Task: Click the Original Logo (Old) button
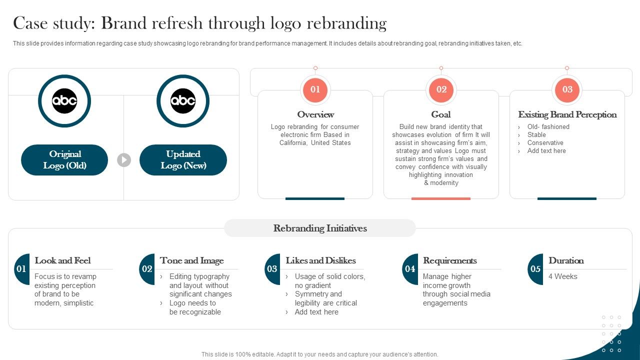click(64, 160)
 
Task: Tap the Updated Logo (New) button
click(183, 160)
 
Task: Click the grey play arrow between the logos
click(124, 160)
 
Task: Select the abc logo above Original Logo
click(64, 101)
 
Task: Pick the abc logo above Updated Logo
click(183, 101)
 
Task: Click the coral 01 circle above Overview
click(315, 90)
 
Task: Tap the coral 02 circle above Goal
click(441, 90)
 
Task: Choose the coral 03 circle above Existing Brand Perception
click(567, 90)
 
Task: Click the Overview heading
click(315, 114)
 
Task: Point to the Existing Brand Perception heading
click(567, 114)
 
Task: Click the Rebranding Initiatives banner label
click(320, 228)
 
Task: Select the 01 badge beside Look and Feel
click(21, 269)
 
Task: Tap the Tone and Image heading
click(191, 260)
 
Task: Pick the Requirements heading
click(449, 260)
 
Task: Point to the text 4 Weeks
click(562, 276)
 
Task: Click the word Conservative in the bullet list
click(545, 143)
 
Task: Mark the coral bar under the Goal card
click(441, 198)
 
